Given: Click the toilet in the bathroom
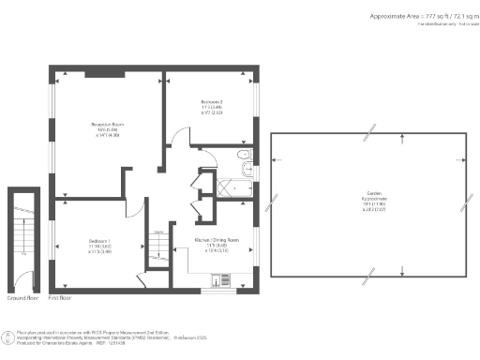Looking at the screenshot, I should [243, 155].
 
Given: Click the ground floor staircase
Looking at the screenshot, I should [22, 234].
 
